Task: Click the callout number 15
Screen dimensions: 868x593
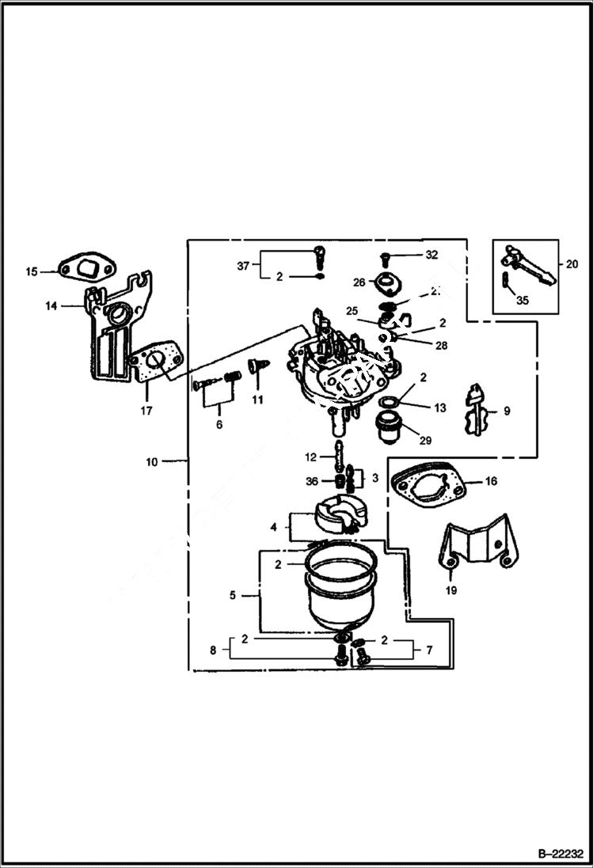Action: coord(31,272)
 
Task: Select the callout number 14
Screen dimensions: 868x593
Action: coord(51,305)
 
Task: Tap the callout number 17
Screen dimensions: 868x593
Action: coord(146,411)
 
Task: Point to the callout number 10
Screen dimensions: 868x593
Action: coord(152,462)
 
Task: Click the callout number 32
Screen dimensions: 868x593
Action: coord(431,255)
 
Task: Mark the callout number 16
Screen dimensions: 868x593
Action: coord(491,481)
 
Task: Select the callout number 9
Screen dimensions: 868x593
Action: coord(507,411)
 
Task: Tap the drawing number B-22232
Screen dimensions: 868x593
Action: coord(559,854)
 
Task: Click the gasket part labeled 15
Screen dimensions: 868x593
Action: coord(84,268)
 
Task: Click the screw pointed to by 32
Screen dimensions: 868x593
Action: coord(384,256)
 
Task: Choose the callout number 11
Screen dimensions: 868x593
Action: coord(257,400)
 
